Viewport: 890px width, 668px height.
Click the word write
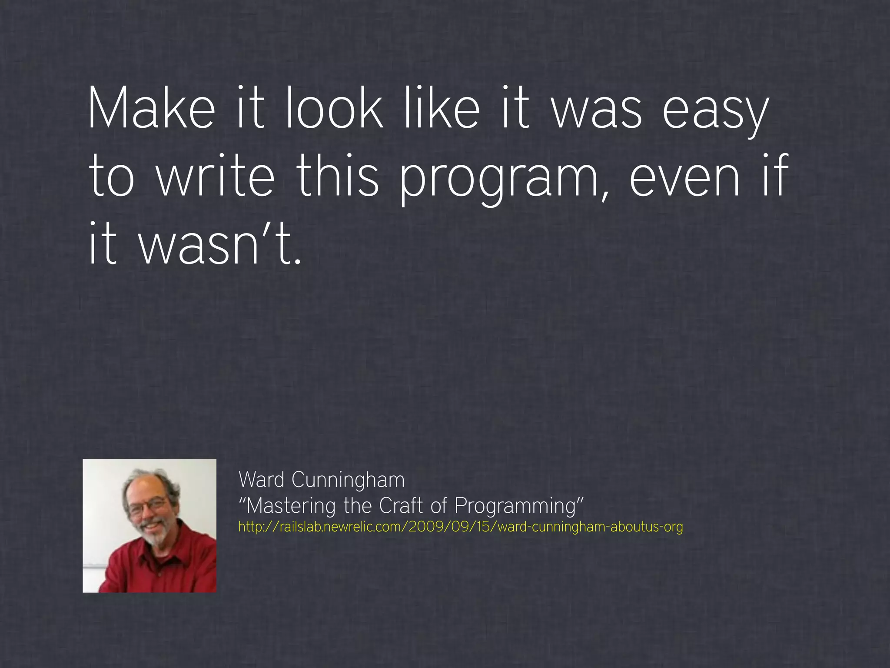216,176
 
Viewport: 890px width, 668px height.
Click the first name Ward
261,480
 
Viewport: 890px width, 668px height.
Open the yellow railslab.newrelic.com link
461,527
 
